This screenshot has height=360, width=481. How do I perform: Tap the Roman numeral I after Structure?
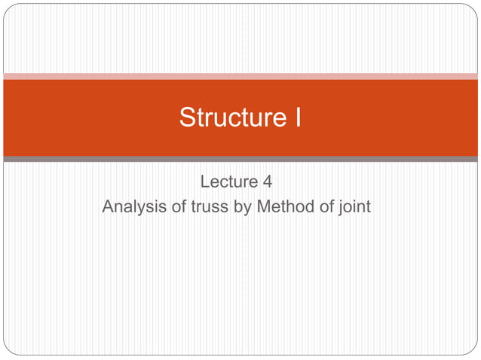(x=297, y=118)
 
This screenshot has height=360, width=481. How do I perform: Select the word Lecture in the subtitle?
(x=227, y=182)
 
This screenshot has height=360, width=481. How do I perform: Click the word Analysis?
(x=133, y=206)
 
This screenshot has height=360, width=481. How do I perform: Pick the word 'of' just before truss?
(x=177, y=206)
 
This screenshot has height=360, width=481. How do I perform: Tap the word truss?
(x=209, y=206)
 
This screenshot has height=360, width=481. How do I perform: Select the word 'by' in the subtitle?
(x=243, y=206)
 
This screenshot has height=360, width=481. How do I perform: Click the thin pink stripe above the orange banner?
(x=240, y=76)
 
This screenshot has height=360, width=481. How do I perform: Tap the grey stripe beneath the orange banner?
(x=240, y=159)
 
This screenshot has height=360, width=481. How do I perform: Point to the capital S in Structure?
(x=187, y=118)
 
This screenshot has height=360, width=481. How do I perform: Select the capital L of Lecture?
(x=205, y=182)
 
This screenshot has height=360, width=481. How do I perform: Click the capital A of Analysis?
(x=108, y=206)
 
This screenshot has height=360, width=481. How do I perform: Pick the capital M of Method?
(x=264, y=206)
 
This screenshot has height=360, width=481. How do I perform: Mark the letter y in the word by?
(x=247, y=207)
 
